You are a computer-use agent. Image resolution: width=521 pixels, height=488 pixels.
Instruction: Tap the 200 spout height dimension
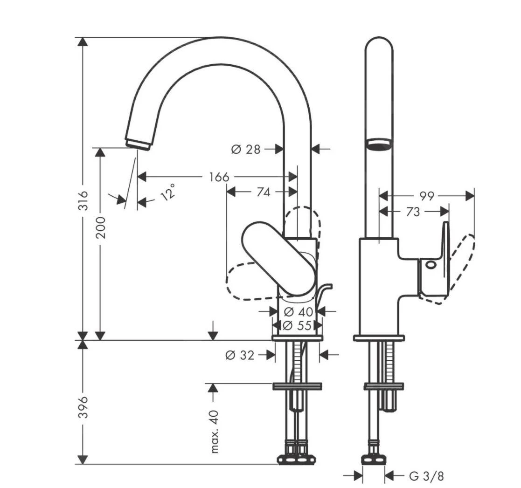pyautogui.click(x=100, y=227)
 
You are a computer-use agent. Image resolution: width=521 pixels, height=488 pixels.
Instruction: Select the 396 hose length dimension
pyautogui.click(x=83, y=406)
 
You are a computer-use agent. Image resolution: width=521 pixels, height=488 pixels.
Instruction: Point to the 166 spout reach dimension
pyautogui.click(x=218, y=177)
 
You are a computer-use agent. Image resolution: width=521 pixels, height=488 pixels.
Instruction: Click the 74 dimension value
pyautogui.click(x=263, y=192)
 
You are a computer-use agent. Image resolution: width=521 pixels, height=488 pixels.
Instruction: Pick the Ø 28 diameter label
pyautogui.click(x=245, y=149)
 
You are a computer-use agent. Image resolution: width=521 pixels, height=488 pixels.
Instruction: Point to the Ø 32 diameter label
pyautogui.click(x=240, y=356)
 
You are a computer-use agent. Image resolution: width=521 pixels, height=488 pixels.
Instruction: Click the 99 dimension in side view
pyautogui.click(x=426, y=196)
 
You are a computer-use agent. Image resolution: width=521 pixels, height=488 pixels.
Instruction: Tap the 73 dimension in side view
pyautogui.click(x=413, y=212)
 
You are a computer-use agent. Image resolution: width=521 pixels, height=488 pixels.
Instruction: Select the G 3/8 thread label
pyautogui.click(x=426, y=476)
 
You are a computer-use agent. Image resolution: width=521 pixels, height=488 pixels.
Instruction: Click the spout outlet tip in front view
pyautogui.click(x=138, y=144)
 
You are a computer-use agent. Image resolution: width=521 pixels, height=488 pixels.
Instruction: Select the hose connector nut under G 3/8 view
pyautogui.click(x=374, y=460)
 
